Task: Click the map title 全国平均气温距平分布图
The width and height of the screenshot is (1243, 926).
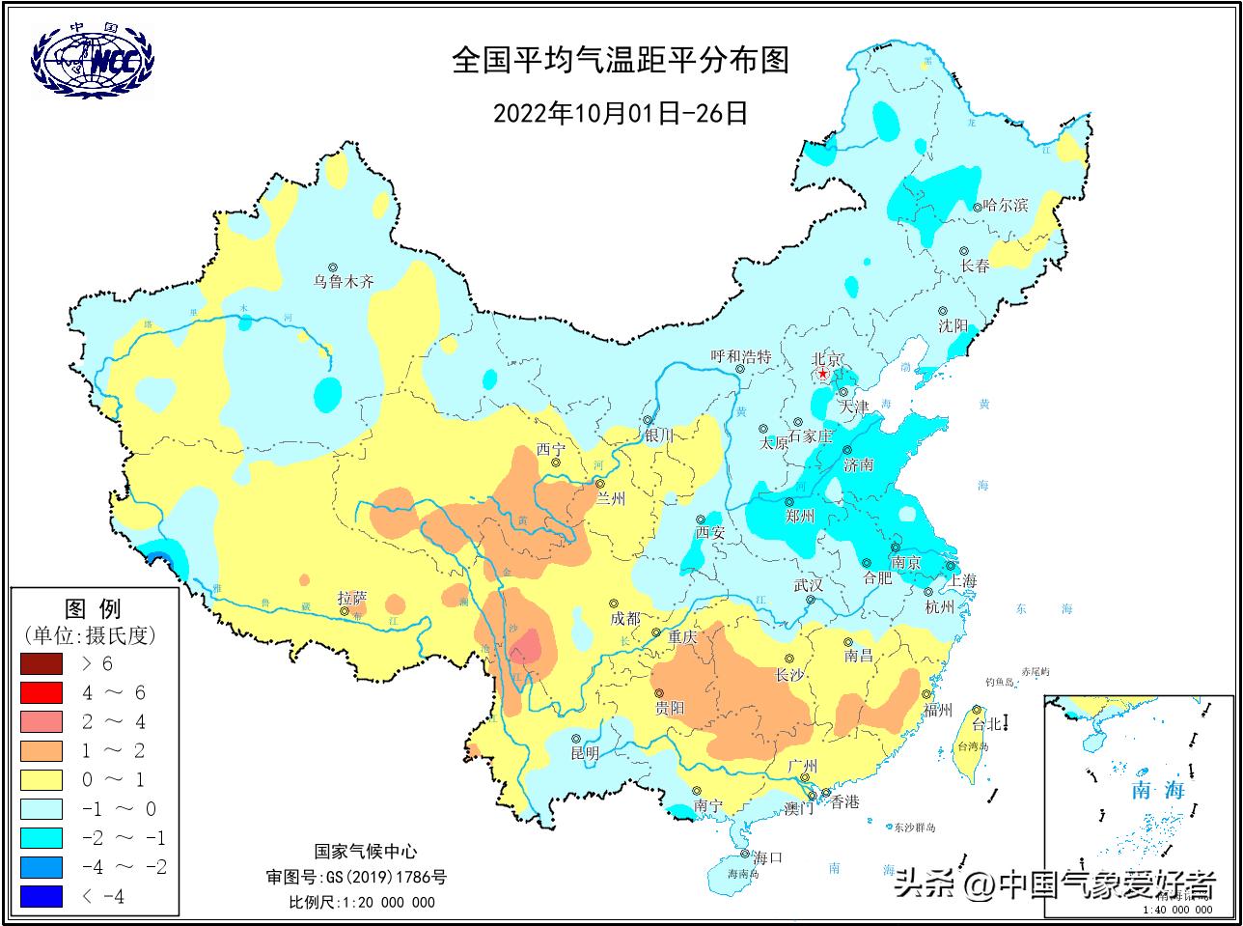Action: point(621,61)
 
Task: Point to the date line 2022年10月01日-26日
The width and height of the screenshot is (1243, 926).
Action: point(621,113)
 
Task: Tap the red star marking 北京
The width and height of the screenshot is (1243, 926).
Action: point(822,374)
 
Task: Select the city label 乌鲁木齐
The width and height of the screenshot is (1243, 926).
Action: point(343,283)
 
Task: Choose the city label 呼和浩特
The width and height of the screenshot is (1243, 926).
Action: point(740,356)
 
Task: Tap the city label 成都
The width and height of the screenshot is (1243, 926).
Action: point(625,618)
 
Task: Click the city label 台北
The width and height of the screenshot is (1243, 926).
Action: point(985,724)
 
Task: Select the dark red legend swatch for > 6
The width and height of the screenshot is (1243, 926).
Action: point(40,663)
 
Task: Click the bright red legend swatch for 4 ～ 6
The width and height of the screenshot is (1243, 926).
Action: point(40,692)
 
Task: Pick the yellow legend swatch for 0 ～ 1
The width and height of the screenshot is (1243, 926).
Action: point(40,779)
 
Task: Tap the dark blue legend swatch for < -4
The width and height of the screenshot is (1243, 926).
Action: point(40,896)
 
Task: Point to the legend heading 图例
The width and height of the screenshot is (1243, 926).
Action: point(93,609)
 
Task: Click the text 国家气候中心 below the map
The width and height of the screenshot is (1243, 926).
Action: point(366,852)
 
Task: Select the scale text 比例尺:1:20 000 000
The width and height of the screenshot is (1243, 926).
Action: point(362,903)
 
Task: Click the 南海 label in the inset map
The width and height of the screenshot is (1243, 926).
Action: point(1157,791)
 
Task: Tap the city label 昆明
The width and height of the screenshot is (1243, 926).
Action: point(584,753)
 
